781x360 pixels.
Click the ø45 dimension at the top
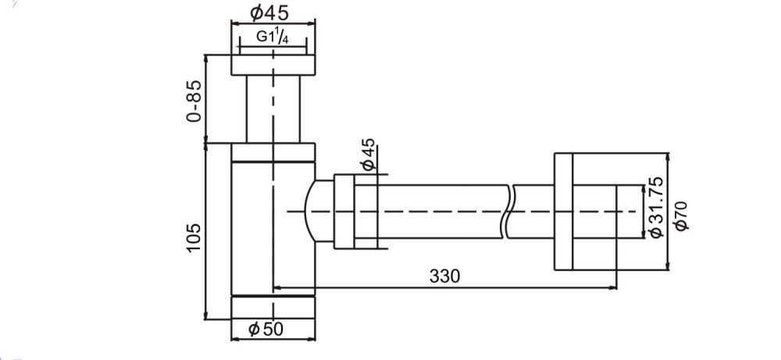coord(269,13)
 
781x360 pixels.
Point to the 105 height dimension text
coord(194,237)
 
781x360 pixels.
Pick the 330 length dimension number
coord(445,276)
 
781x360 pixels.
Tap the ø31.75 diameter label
coord(655,208)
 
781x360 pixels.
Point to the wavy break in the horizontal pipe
coord(510,211)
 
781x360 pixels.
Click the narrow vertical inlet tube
coord(273,109)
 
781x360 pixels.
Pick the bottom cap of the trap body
coord(273,308)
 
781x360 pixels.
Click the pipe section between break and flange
coord(533,211)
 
